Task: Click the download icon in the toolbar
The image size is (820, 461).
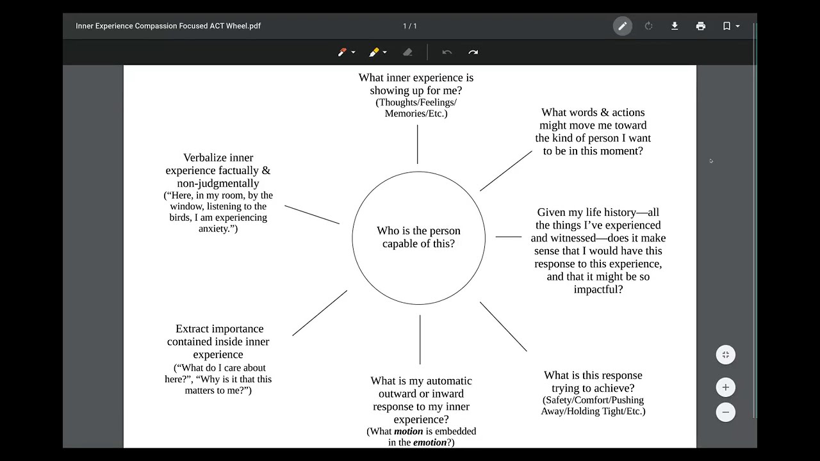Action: pos(675,26)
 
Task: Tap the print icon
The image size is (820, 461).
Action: pos(701,26)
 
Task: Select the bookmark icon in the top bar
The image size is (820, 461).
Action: pos(726,26)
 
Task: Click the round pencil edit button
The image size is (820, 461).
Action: pos(622,26)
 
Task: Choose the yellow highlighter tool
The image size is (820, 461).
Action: pos(373,53)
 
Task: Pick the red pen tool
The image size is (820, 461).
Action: pos(342,53)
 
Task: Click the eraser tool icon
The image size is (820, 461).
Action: pos(407,53)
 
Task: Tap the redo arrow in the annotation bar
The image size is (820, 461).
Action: pos(473,53)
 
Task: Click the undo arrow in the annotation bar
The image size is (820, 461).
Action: pos(447,53)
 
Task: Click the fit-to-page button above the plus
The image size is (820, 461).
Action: pos(726,355)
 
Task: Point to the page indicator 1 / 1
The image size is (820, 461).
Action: pos(409,26)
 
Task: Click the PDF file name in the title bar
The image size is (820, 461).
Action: pos(168,26)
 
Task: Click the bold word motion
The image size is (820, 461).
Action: pos(408,432)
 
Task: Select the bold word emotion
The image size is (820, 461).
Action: pos(430,442)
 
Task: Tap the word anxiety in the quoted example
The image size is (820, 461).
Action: pos(214,229)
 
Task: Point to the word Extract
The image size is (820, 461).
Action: pos(192,329)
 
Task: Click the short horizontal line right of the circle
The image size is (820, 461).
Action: pos(509,237)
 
